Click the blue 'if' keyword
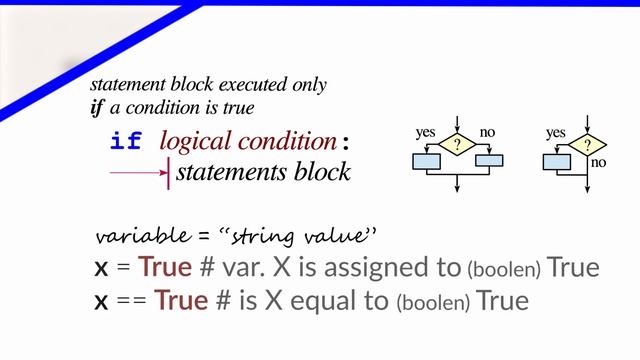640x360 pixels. (x=126, y=142)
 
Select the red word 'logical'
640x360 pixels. (x=193, y=142)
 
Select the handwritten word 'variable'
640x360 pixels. (x=137, y=237)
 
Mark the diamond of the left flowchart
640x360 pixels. (x=457, y=146)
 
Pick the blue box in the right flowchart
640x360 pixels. (x=555, y=161)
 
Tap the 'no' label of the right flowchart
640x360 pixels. (x=599, y=162)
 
